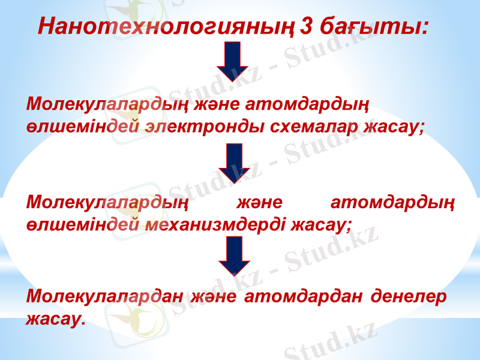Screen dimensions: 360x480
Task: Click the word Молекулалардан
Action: click(x=104, y=296)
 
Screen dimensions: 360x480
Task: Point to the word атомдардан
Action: click(x=304, y=296)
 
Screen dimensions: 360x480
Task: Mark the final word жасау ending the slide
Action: click(x=53, y=318)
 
